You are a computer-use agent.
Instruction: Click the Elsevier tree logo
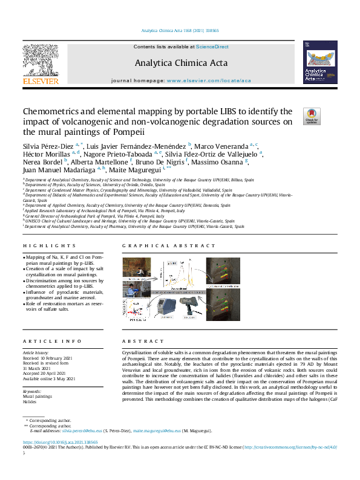pos(41,60)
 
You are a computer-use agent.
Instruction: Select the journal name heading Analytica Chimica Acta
pos(180,62)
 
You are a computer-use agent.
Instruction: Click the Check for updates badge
pos(312,116)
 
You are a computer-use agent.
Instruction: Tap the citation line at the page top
pos(180,31)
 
